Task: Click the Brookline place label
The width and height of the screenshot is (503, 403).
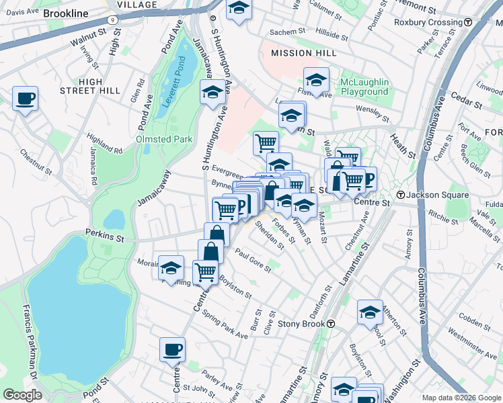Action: pyautogui.click(x=65, y=13)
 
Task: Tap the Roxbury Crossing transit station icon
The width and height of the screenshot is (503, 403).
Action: pyautogui.click(x=467, y=22)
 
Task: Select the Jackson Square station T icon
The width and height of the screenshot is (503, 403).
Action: pyautogui.click(x=400, y=195)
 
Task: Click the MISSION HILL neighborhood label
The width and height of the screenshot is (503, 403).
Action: pyautogui.click(x=300, y=53)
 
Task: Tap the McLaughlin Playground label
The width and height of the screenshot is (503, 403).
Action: pyautogui.click(x=364, y=87)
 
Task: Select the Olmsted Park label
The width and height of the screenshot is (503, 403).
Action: pyautogui.click(x=165, y=139)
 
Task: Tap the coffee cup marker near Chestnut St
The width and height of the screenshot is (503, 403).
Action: pyautogui.click(x=26, y=99)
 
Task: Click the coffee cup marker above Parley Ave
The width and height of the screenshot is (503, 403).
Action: pyautogui.click(x=173, y=349)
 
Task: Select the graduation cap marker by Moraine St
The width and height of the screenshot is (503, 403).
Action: pyautogui.click(x=171, y=267)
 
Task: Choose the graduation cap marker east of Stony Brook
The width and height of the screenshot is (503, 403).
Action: pyautogui.click(x=369, y=312)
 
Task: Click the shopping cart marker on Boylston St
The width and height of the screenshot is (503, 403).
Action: pyautogui.click(x=205, y=272)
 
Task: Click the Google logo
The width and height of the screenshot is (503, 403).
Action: pyautogui.click(x=22, y=395)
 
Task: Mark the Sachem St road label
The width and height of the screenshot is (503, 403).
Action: pyautogui.click(x=288, y=32)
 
